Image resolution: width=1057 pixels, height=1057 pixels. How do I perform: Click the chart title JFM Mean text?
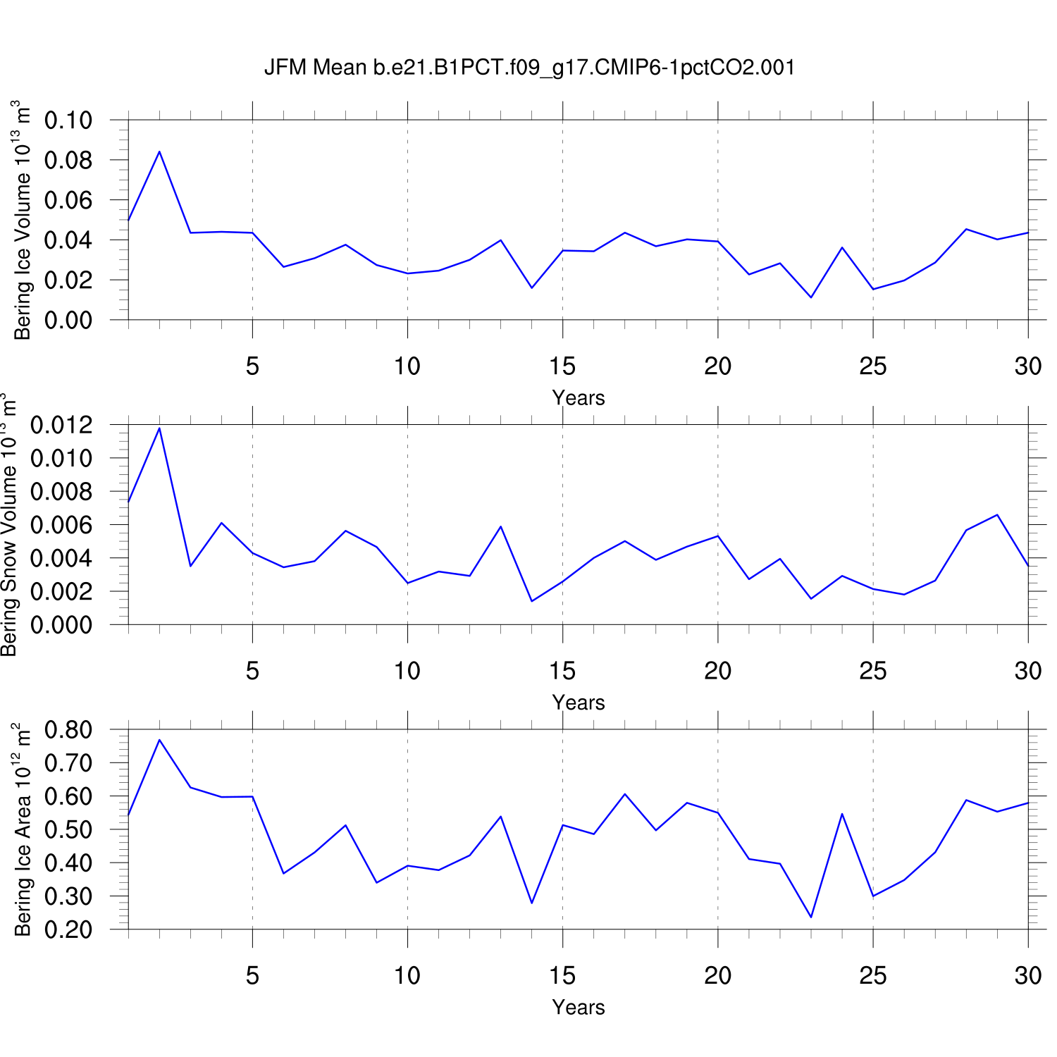[528, 68]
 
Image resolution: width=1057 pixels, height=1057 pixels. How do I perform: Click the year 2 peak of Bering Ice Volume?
[159, 152]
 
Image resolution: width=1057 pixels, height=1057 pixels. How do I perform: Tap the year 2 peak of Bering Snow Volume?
[159, 428]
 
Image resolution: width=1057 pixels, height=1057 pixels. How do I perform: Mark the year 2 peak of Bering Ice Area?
[159, 740]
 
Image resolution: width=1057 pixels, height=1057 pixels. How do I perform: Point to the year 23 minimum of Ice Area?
[811, 917]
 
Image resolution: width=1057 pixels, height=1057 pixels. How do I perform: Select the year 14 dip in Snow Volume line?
[531, 601]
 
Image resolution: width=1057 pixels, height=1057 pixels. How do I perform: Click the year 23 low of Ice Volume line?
[811, 297]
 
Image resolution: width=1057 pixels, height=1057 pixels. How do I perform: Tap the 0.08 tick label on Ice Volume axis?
[68, 160]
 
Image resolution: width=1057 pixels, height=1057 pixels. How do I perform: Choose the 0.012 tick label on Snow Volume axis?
[62, 425]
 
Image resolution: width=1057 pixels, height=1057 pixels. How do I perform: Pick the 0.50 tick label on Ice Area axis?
[68, 829]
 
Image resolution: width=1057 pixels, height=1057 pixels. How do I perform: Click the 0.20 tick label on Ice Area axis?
[68, 929]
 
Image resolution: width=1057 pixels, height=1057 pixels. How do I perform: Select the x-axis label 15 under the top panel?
[562, 366]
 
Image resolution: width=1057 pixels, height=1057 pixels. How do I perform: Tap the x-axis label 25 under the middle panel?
[872, 671]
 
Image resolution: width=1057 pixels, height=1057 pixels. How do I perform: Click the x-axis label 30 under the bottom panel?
[1028, 975]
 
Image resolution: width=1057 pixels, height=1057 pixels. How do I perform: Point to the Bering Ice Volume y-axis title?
[23, 220]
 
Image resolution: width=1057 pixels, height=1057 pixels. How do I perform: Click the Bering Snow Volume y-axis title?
[10, 525]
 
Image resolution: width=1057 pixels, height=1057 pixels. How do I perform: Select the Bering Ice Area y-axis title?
[23, 829]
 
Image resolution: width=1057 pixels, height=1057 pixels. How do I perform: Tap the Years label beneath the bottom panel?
[578, 1007]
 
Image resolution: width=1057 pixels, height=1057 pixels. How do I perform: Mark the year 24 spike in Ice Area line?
[842, 814]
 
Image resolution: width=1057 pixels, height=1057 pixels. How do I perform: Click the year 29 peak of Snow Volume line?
[997, 515]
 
